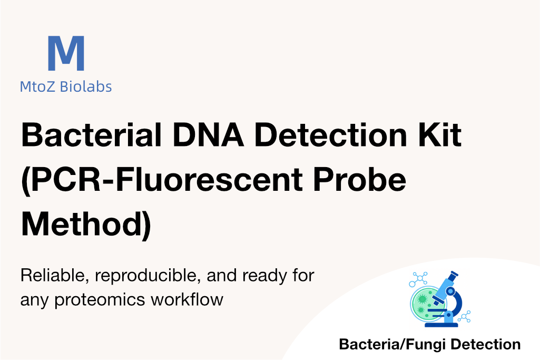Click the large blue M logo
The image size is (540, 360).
66,53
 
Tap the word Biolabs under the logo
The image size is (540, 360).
86,86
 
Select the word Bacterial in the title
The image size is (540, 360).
92,135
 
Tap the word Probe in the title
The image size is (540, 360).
359,180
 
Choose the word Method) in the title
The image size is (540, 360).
86,224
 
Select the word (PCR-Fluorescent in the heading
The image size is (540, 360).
162,180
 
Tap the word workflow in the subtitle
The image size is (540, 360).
187,299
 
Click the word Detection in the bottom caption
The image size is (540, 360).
486,344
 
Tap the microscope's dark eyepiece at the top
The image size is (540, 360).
453,276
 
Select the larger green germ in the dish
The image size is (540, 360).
421,299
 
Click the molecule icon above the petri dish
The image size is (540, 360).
418,279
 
